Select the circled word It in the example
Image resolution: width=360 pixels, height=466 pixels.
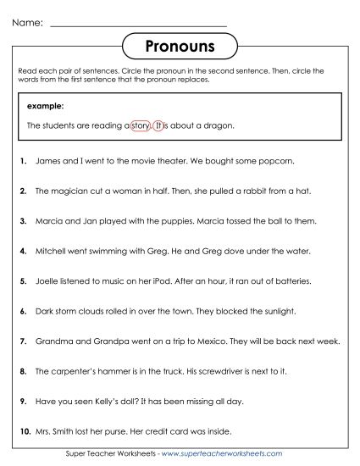click(159, 125)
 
